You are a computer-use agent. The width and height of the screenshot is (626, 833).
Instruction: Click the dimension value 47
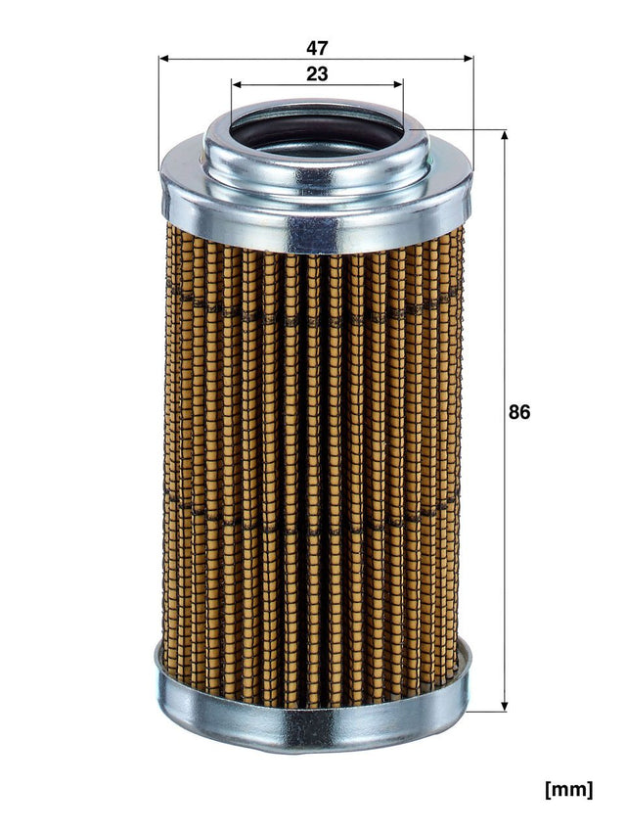315,47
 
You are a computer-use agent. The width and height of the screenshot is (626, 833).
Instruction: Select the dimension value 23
316,73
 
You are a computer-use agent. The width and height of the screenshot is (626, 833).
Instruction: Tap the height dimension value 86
518,412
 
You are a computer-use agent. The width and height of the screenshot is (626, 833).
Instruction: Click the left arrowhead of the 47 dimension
164,59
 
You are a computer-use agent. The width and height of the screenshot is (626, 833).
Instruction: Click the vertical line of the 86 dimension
505,294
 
